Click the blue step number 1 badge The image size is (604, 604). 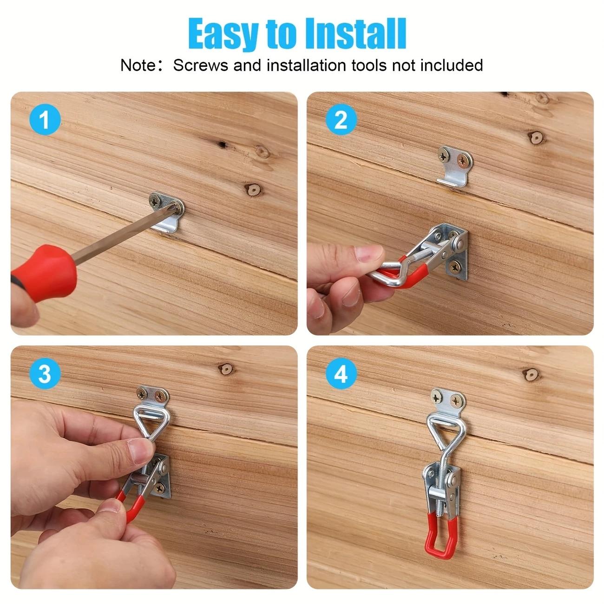tap(45, 121)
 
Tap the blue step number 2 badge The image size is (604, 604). tap(341, 121)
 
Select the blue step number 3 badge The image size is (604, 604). tap(45, 374)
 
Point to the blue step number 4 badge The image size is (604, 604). tap(341, 374)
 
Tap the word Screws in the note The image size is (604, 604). tap(201, 65)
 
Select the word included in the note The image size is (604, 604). tap(452, 65)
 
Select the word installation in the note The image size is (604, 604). tap(307, 65)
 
